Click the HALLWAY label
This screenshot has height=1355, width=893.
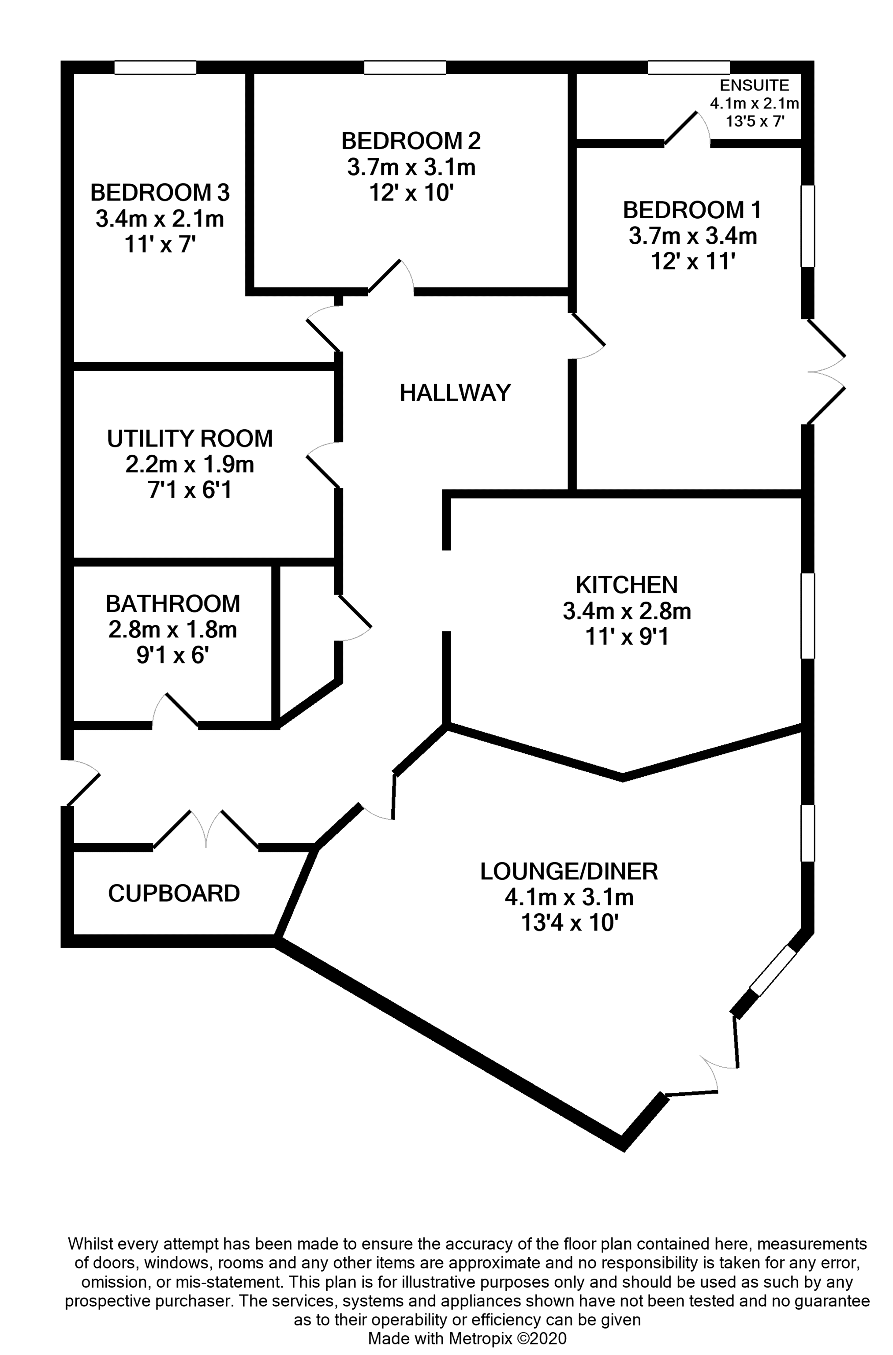coord(455,393)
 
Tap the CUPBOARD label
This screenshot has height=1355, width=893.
coord(174,893)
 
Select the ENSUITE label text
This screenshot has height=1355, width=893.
coord(754,86)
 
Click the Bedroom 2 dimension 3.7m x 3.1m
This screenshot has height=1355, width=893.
coord(411,168)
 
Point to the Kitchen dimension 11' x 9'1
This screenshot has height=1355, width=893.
coord(627,637)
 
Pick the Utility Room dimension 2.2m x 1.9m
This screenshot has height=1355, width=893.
coord(190,465)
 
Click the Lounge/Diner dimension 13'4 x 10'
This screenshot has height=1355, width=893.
coord(569,923)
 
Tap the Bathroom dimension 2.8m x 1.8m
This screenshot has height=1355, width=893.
coord(172,630)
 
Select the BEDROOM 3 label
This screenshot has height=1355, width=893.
coord(160,193)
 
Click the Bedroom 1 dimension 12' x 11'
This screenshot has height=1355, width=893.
coord(692,262)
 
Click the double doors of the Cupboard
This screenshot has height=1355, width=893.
coord(206,830)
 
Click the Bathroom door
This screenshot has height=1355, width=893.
coord(175,711)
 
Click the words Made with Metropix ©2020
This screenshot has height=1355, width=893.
coord(467,1338)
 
